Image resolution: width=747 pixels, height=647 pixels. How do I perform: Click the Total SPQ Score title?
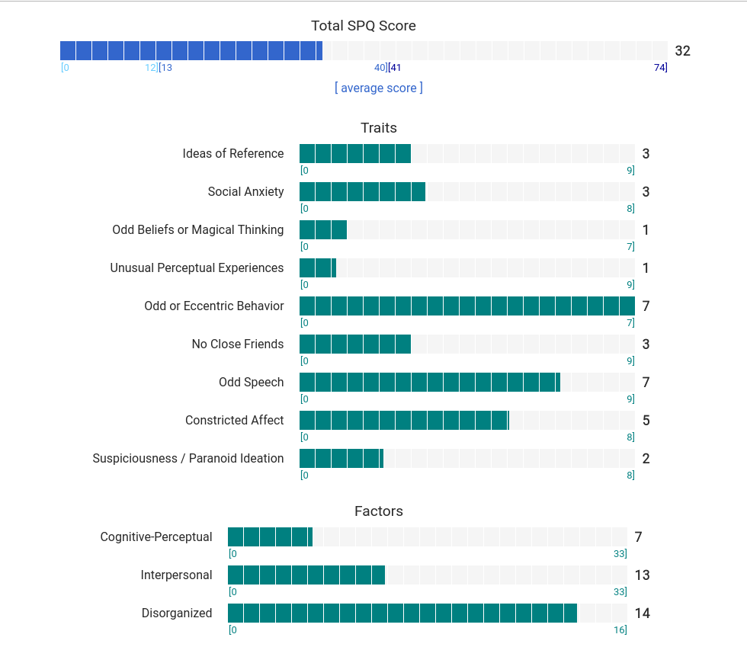364,26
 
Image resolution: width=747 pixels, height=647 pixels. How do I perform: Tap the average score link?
378,88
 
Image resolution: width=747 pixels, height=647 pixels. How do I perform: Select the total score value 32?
682,51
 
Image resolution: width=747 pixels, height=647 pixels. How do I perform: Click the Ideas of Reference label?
232,153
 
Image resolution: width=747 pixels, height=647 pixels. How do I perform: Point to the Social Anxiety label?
245,191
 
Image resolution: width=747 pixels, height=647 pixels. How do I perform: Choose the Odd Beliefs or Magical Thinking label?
197,229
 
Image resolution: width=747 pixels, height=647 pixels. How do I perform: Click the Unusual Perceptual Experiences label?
197,267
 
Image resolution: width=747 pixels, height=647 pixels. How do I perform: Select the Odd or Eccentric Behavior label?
213,306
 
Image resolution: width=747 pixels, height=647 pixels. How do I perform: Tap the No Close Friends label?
237,344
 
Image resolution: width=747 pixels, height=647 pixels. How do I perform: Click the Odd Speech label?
251,382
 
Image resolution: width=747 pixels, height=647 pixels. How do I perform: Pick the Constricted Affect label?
234,420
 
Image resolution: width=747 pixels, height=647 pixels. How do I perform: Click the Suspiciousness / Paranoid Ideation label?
188,458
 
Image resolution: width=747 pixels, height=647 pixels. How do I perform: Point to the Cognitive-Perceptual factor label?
156,536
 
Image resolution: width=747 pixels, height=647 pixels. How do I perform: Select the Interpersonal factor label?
176,575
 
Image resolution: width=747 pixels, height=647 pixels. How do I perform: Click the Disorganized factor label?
177,613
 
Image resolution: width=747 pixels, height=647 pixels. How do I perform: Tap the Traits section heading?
379,127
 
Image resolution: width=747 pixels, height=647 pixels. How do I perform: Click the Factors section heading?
379,511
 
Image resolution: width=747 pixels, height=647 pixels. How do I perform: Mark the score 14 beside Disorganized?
642,613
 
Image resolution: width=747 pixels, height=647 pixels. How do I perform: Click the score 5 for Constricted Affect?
646,420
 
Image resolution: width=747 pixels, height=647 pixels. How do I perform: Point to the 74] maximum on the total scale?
660,68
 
